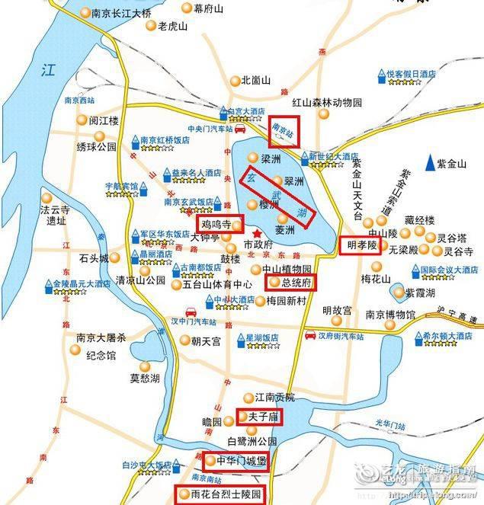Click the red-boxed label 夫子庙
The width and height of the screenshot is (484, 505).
(258, 417)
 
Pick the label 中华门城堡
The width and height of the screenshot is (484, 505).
(236, 461)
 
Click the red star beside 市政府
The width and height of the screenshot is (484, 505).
(258, 232)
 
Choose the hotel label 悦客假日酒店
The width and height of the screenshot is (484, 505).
(412, 74)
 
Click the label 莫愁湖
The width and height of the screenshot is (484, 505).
(145, 377)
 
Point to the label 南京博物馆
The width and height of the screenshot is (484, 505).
(389, 315)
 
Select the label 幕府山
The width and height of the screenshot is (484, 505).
(208, 8)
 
